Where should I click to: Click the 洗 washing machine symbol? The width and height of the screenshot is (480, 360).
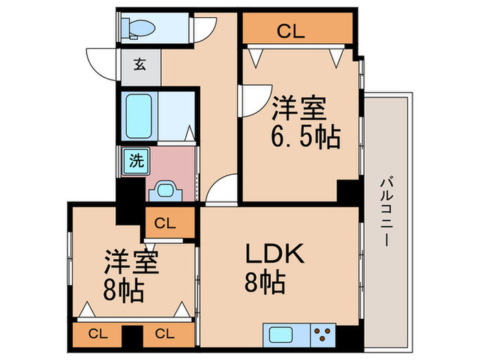click(x=135, y=162)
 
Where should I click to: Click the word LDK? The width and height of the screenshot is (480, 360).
click(x=274, y=254)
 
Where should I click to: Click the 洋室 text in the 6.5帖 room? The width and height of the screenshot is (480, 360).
click(x=298, y=109)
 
